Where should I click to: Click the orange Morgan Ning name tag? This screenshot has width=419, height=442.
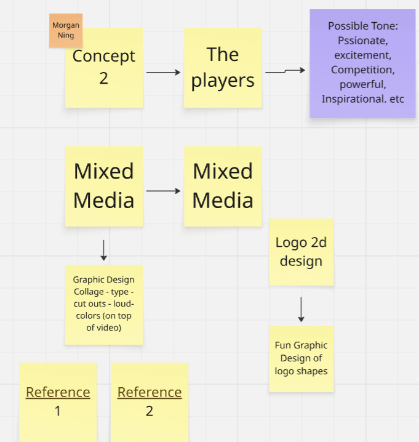(65, 30)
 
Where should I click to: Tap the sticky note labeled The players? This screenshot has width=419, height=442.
(223, 68)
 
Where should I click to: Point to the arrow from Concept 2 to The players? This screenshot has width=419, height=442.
(163, 73)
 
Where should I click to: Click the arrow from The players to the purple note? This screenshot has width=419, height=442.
(285, 71)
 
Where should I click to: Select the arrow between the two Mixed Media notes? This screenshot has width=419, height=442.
(163, 191)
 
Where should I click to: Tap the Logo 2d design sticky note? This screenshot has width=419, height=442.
(301, 252)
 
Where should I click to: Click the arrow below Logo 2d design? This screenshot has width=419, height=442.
(301, 309)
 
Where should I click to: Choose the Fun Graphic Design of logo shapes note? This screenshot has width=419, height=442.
(301, 358)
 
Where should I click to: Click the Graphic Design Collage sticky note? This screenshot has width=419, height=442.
(103, 304)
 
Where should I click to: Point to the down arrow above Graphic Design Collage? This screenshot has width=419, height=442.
(103, 250)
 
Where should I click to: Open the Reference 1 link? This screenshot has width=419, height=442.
(58, 392)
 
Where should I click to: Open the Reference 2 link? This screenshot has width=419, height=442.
(150, 392)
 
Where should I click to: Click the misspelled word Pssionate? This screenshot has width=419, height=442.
(362, 41)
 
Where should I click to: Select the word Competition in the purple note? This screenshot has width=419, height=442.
(362, 70)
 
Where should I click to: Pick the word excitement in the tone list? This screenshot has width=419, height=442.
(362, 55)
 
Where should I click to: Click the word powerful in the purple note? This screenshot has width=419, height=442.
(362, 84)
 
